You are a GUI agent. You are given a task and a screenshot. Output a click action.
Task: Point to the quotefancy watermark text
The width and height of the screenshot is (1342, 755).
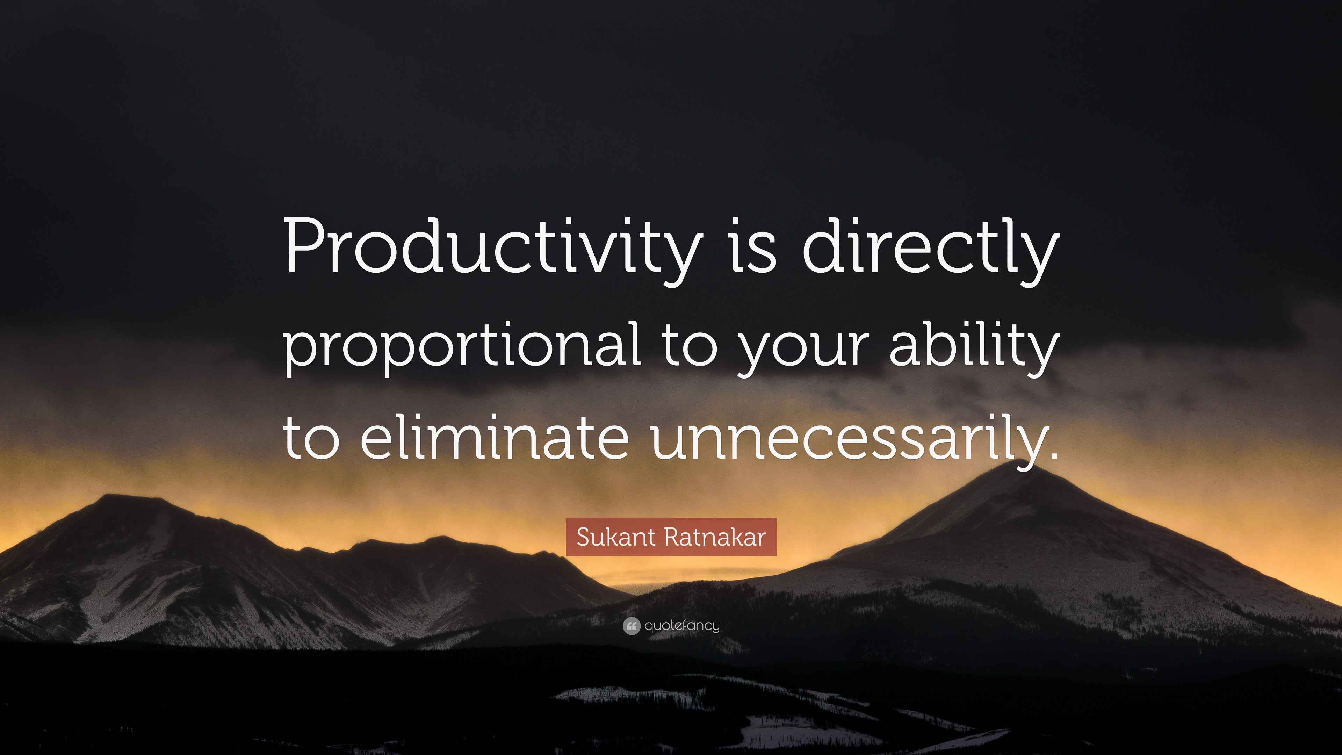click(x=682, y=625)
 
